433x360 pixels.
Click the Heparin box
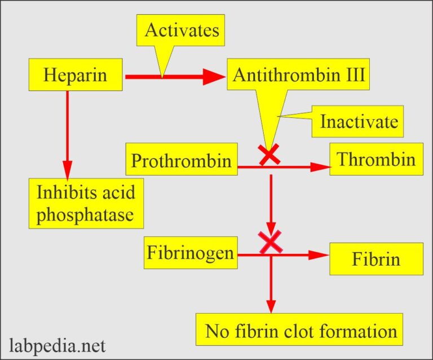(x=76, y=75)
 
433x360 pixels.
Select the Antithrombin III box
(x=298, y=76)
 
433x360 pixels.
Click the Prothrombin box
(x=181, y=161)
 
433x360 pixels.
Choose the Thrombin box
(x=376, y=160)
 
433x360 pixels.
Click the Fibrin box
(x=376, y=260)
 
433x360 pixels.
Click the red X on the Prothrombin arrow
(x=270, y=154)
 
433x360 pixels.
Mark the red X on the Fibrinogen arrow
(x=271, y=242)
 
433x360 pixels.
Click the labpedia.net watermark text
(x=57, y=344)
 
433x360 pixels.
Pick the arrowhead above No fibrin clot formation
(x=271, y=305)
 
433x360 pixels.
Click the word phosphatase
(x=86, y=216)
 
